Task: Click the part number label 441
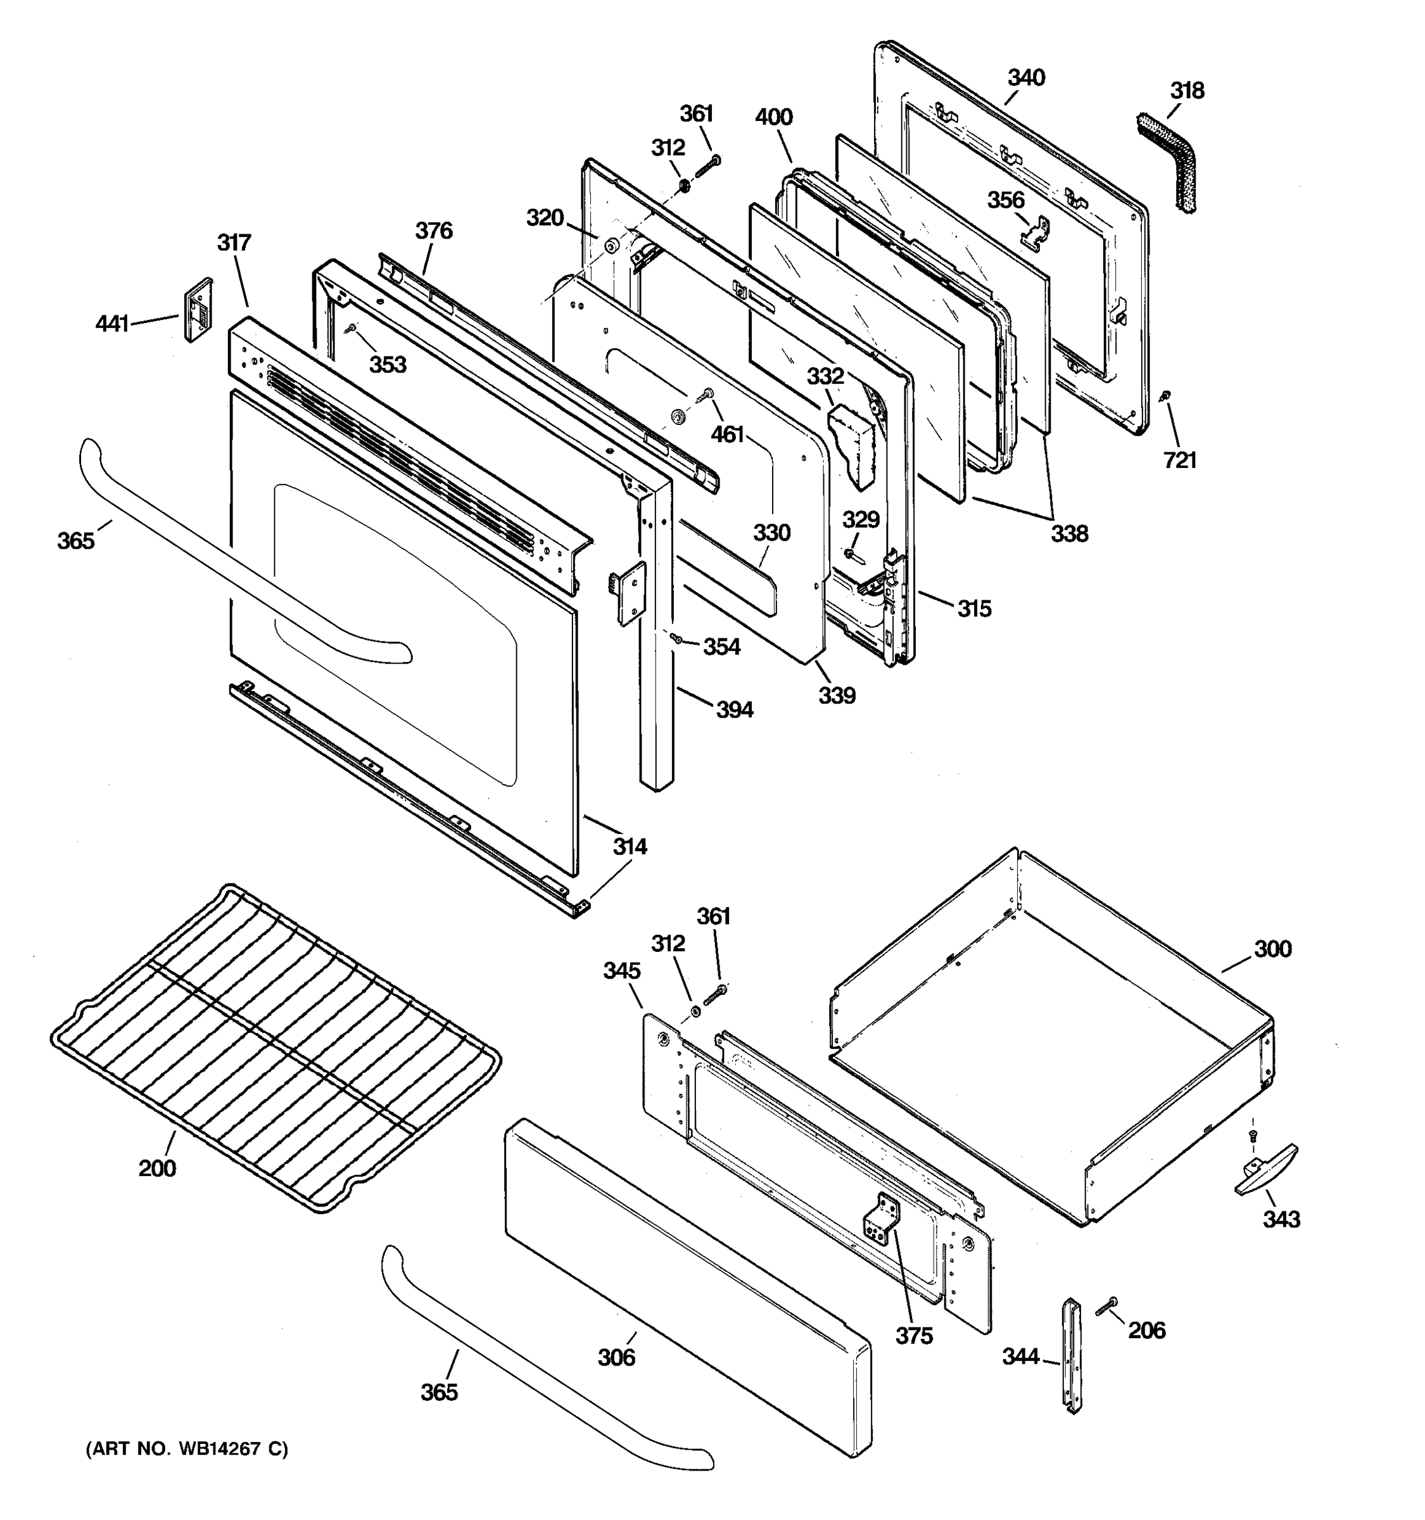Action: pos(111,324)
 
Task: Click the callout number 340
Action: pos(1026,78)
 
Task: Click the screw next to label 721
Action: pos(1166,396)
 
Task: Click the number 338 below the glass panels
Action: pos(1069,534)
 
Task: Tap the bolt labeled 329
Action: pos(850,552)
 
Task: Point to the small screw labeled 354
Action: pos(676,638)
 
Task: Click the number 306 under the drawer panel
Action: pos(616,1357)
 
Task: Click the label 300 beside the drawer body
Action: pos(1272,949)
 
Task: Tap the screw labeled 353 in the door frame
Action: pos(351,329)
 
